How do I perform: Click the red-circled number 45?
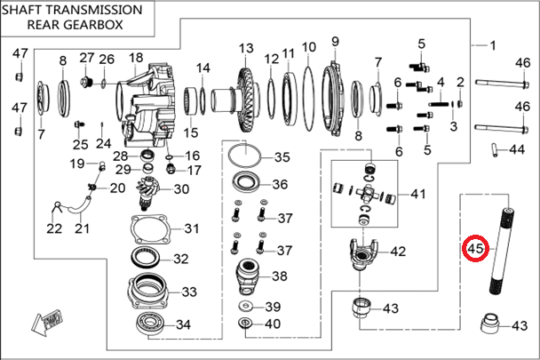[x=475, y=249]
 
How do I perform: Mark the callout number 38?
[x=280, y=276]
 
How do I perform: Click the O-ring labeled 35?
[x=243, y=156]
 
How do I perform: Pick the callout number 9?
[x=336, y=41]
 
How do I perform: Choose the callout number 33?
[x=189, y=292]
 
